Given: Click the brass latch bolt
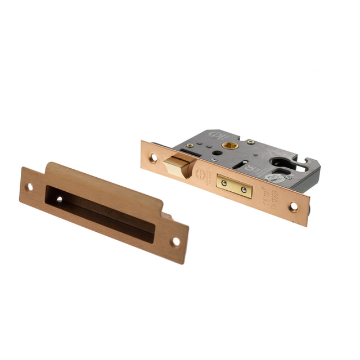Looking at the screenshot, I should [175, 165].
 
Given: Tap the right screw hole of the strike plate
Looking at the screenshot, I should [175, 241].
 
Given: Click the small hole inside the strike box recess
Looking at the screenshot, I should [58, 199].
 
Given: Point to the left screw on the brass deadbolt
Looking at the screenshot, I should [223, 182].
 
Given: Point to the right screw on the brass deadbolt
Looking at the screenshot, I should [244, 190].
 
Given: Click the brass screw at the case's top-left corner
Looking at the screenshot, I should [190, 145].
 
